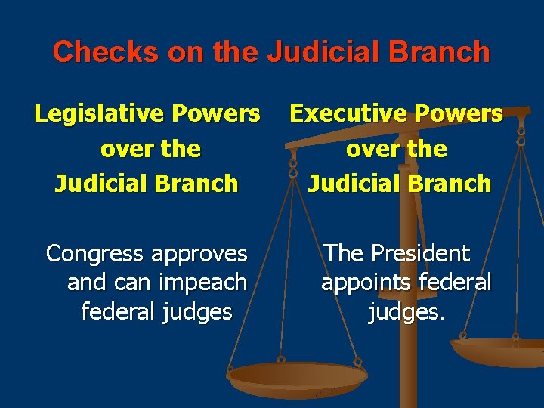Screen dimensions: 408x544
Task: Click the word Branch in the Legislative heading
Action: [x=200, y=184]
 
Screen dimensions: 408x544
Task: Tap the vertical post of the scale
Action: [x=409, y=355]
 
